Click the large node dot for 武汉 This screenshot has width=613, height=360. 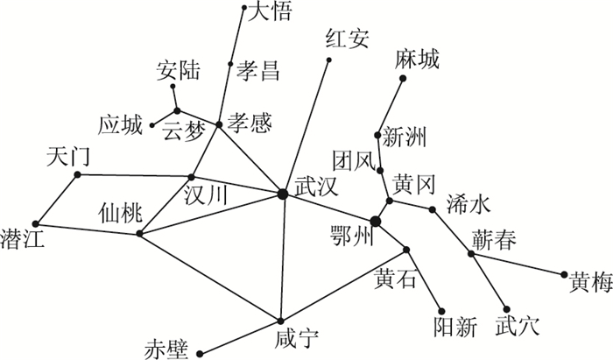click(x=282, y=193)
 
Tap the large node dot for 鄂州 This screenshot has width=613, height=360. click(x=376, y=222)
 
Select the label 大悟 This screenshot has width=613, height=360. click(x=271, y=11)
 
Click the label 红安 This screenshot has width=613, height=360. click(x=347, y=39)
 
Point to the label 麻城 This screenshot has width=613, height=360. click(x=417, y=59)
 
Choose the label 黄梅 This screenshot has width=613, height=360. click(x=589, y=281)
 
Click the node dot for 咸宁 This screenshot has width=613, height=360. click(x=280, y=321)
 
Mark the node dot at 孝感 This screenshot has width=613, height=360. click(x=219, y=125)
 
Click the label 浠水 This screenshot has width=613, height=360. click(x=466, y=203)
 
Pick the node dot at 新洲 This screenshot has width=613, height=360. click(x=377, y=135)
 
